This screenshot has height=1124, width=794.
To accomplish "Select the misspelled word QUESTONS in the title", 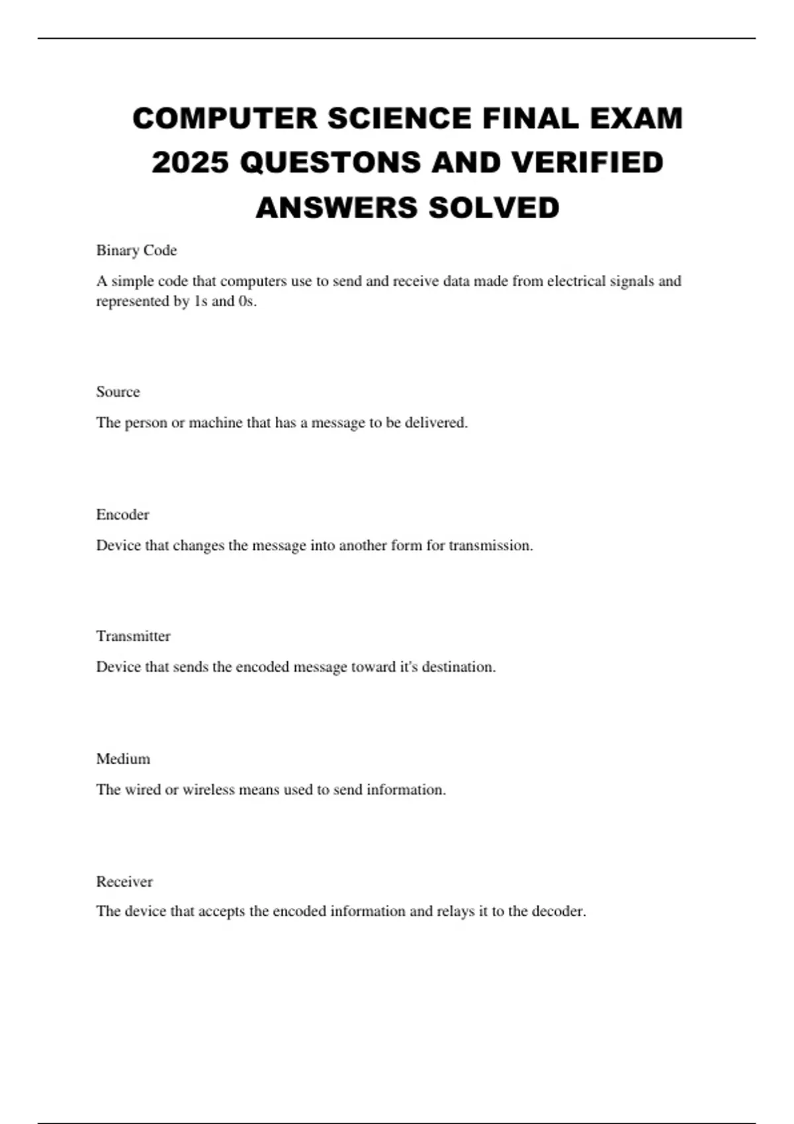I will [330, 163].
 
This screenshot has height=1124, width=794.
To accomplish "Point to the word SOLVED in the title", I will [493, 208].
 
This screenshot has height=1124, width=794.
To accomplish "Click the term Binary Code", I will [136, 251].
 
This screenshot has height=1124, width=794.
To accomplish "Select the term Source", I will [118, 392].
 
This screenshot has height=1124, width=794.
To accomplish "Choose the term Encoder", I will [122, 515].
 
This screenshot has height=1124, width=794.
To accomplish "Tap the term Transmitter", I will [133, 636].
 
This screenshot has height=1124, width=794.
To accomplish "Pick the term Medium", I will [123, 759].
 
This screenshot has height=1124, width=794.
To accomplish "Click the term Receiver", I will [124, 882].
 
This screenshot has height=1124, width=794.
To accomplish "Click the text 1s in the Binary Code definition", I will [200, 301].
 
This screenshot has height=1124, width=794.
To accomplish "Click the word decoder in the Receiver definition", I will [558, 911].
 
